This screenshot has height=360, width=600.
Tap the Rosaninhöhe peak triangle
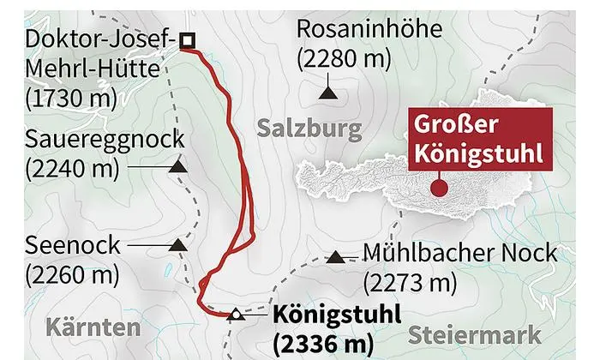point(327,90)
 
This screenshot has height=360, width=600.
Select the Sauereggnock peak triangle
point(179,167)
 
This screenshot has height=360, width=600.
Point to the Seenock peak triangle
point(178,245)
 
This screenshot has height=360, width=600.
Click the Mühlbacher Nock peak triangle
point(336,256)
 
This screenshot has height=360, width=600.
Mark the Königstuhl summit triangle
point(237,315)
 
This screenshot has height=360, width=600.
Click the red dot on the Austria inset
point(439,182)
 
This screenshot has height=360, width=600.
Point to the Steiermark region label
point(474,334)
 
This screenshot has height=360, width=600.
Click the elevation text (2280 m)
point(343,60)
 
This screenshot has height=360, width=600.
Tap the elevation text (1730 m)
point(71,97)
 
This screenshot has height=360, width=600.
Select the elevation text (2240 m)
point(71,168)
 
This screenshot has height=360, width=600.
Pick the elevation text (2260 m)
point(71,275)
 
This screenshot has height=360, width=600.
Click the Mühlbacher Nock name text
point(460,255)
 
